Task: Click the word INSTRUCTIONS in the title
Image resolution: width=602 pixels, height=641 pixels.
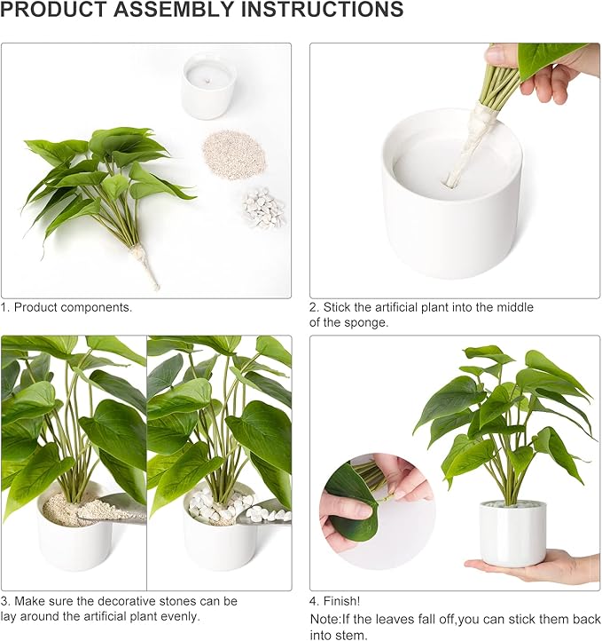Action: [x=318, y=11]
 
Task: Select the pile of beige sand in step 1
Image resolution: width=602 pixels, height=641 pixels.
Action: [x=235, y=154]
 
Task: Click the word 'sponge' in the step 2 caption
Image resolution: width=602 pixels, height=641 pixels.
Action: [x=369, y=322]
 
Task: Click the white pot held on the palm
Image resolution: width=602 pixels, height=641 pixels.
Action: [x=513, y=533]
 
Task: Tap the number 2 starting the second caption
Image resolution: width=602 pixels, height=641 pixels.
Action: [x=313, y=307]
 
